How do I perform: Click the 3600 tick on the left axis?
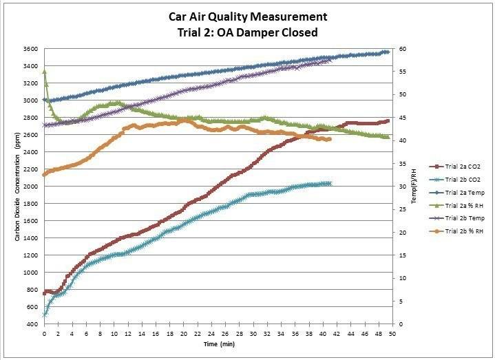(x=31, y=50)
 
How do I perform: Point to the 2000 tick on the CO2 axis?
(x=31, y=187)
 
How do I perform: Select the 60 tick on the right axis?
(x=401, y=50)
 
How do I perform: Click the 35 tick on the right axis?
(x=401, y=164)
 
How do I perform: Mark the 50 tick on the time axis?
(x=392, y=332)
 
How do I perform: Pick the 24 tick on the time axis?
(x=211, y=332)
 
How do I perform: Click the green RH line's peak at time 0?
(x=44, y=72)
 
